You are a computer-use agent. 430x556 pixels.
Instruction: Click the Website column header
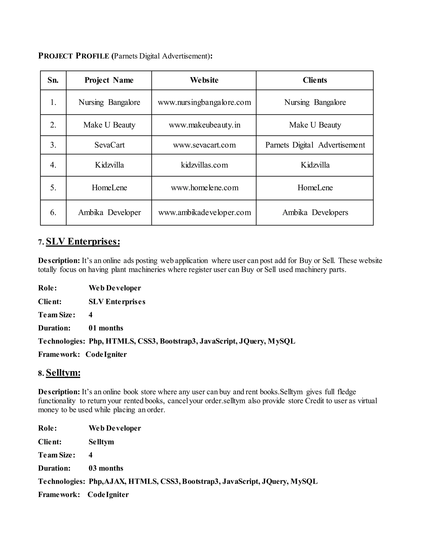click(204, 80)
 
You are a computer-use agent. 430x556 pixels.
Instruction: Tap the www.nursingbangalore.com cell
click(204, 102)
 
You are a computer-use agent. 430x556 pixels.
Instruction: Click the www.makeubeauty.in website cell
click(204, 125)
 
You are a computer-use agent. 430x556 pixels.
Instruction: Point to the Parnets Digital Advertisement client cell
click(315, 145)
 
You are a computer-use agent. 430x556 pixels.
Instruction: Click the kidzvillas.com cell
click(204, 165)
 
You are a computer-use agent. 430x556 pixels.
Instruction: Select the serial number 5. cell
click(53, 188)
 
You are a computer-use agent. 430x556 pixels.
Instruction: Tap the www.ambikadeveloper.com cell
click(204, 212)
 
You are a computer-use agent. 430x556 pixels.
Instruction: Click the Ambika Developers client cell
click(315, 212)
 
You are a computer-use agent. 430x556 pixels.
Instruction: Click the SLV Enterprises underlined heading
click(83, 241)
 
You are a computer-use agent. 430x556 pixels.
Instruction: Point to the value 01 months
click(106, 328)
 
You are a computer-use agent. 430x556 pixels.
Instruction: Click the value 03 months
click(106, 468)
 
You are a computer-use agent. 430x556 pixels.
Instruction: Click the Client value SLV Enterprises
click(117, 302)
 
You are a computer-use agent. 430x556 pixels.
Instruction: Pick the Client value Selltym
click(101, 442)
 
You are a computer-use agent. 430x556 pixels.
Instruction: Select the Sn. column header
click(53, 80)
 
